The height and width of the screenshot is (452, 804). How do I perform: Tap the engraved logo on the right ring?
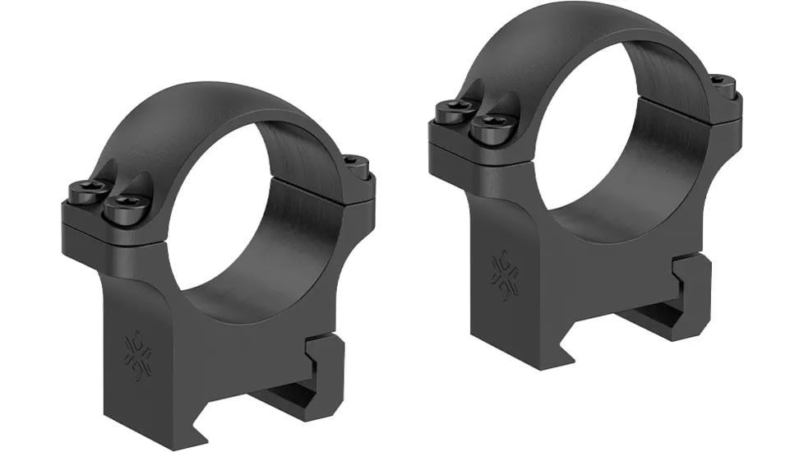click(x=503, y=274)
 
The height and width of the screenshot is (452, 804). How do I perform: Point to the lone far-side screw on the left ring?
click(x=354, y=162)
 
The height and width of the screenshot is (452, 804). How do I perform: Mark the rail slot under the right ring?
click(x=649, y=316)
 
